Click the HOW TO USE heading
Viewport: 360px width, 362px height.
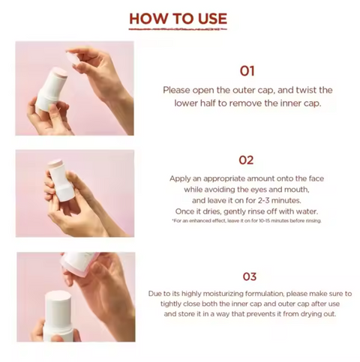point(178,19)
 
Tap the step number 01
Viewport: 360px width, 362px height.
point(247,71)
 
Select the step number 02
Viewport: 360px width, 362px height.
point(246,160)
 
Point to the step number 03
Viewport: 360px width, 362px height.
point(250,277)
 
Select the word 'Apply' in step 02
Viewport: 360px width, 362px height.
point(178,179)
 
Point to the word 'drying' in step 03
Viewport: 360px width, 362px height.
point(312,314)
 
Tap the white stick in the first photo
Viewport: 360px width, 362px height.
point(51,91)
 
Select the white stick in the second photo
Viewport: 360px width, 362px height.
point(60,181)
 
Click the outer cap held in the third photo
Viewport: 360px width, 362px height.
point(78,263)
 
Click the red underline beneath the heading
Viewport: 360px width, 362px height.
point(178,29)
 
